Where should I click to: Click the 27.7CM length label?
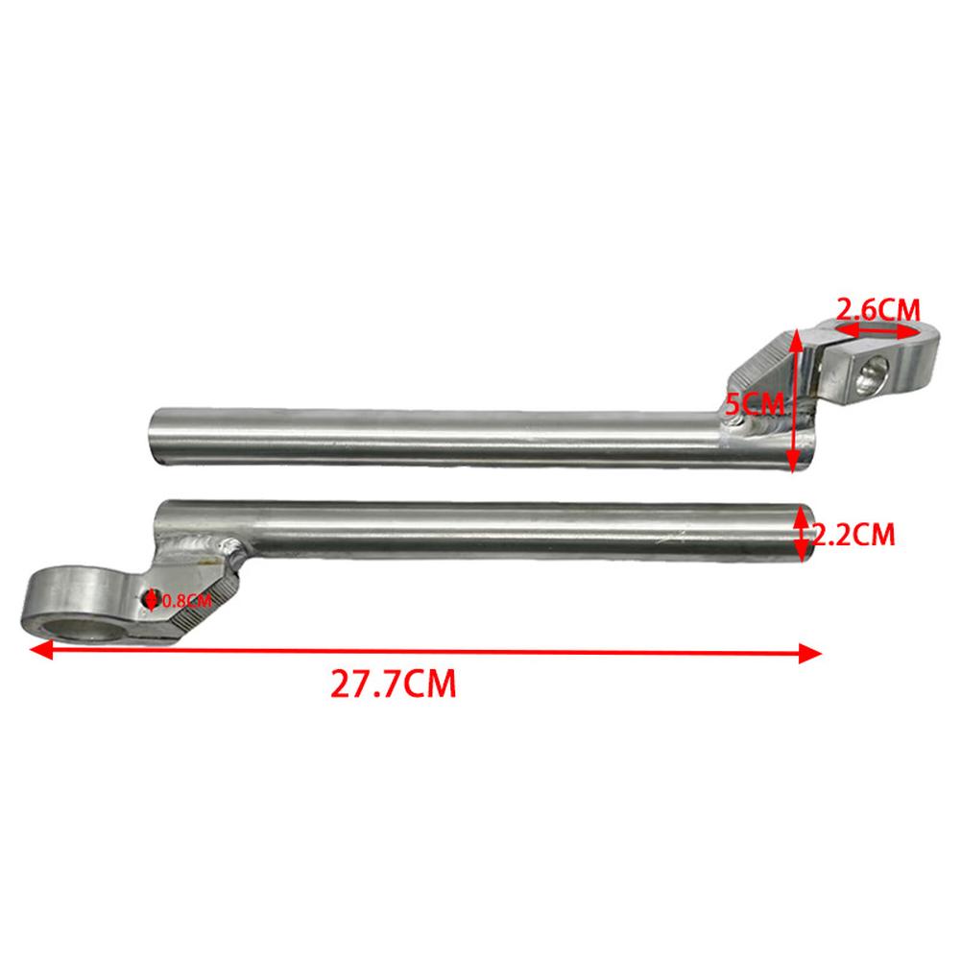393,685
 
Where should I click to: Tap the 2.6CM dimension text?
877,309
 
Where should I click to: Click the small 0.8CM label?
185,601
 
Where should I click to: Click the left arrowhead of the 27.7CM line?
37,650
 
